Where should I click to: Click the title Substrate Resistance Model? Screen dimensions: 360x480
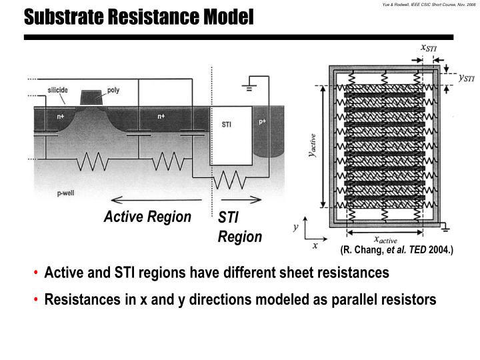point(139,17)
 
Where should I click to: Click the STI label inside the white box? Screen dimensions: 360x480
point(226,125)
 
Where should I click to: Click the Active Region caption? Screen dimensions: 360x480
point(147,217)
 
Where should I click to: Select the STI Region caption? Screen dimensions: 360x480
point(239,227)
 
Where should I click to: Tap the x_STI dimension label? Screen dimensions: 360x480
point(429,48)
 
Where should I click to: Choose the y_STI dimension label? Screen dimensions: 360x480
point(465,78)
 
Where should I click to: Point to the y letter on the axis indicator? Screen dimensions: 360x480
point(295,228)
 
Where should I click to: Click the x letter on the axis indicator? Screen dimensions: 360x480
point(315,245)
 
